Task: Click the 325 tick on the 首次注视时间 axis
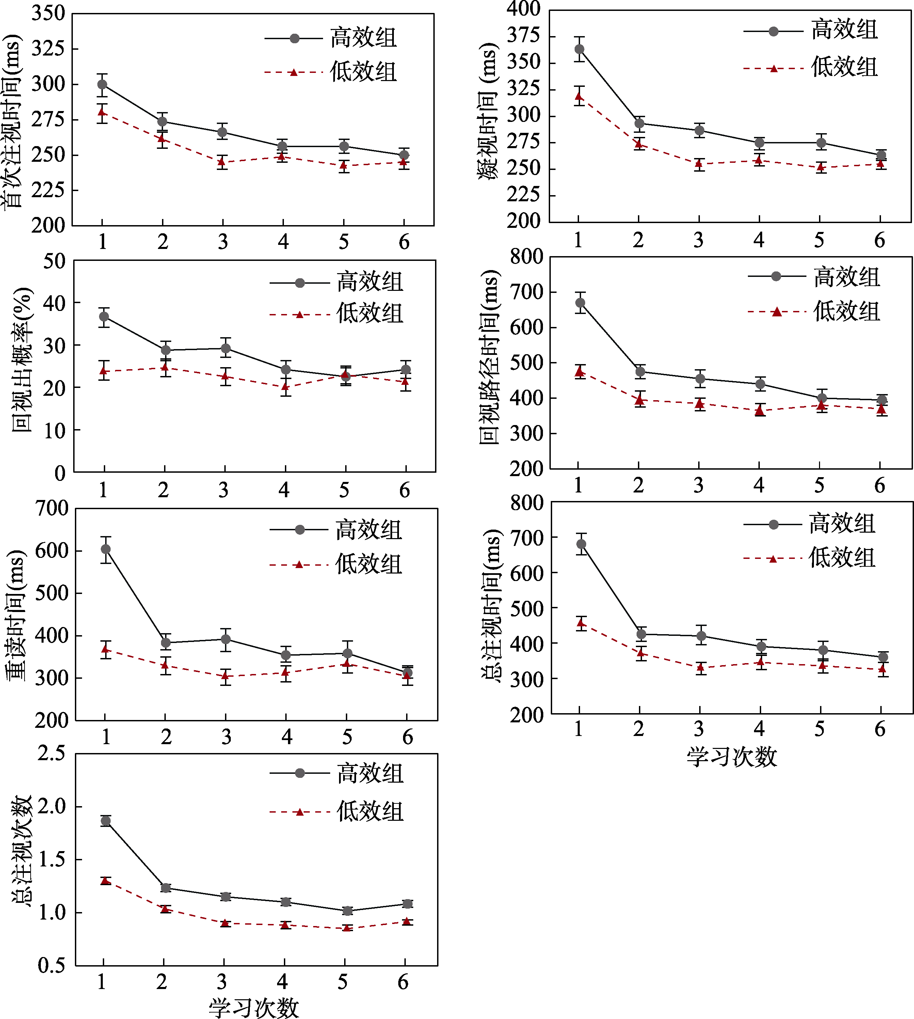[x=48, y=49]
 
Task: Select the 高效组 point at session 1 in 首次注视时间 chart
[x=102, y=84]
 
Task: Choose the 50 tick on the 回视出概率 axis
[x=54, y=261]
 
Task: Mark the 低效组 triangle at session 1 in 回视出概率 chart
[x=104, y=371]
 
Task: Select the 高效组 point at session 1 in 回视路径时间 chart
[x=580, y=302]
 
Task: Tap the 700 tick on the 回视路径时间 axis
[x=526, y=292]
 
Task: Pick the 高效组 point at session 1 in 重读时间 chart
[x=106, y=549]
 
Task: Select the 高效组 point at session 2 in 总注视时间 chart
[x=641, y=634]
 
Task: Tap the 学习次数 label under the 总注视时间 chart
[x=731, y=757]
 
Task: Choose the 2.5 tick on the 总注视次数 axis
[x=51, y=754]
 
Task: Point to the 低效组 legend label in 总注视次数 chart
[x=370, y=812]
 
